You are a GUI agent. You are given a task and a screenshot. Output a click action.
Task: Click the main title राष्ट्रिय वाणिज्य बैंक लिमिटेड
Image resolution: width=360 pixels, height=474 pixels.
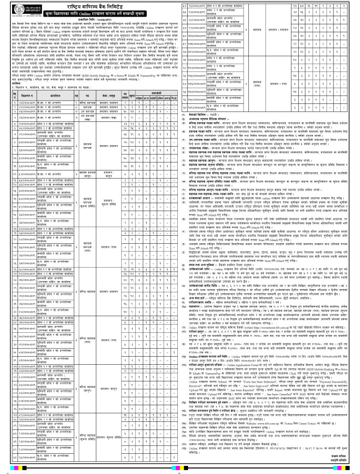click(99, 7)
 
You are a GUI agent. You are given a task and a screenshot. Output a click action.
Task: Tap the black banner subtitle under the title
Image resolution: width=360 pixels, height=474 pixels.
click(99, 18)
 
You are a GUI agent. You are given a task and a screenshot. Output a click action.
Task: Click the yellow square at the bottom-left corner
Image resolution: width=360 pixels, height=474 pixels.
click(4, 470)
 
